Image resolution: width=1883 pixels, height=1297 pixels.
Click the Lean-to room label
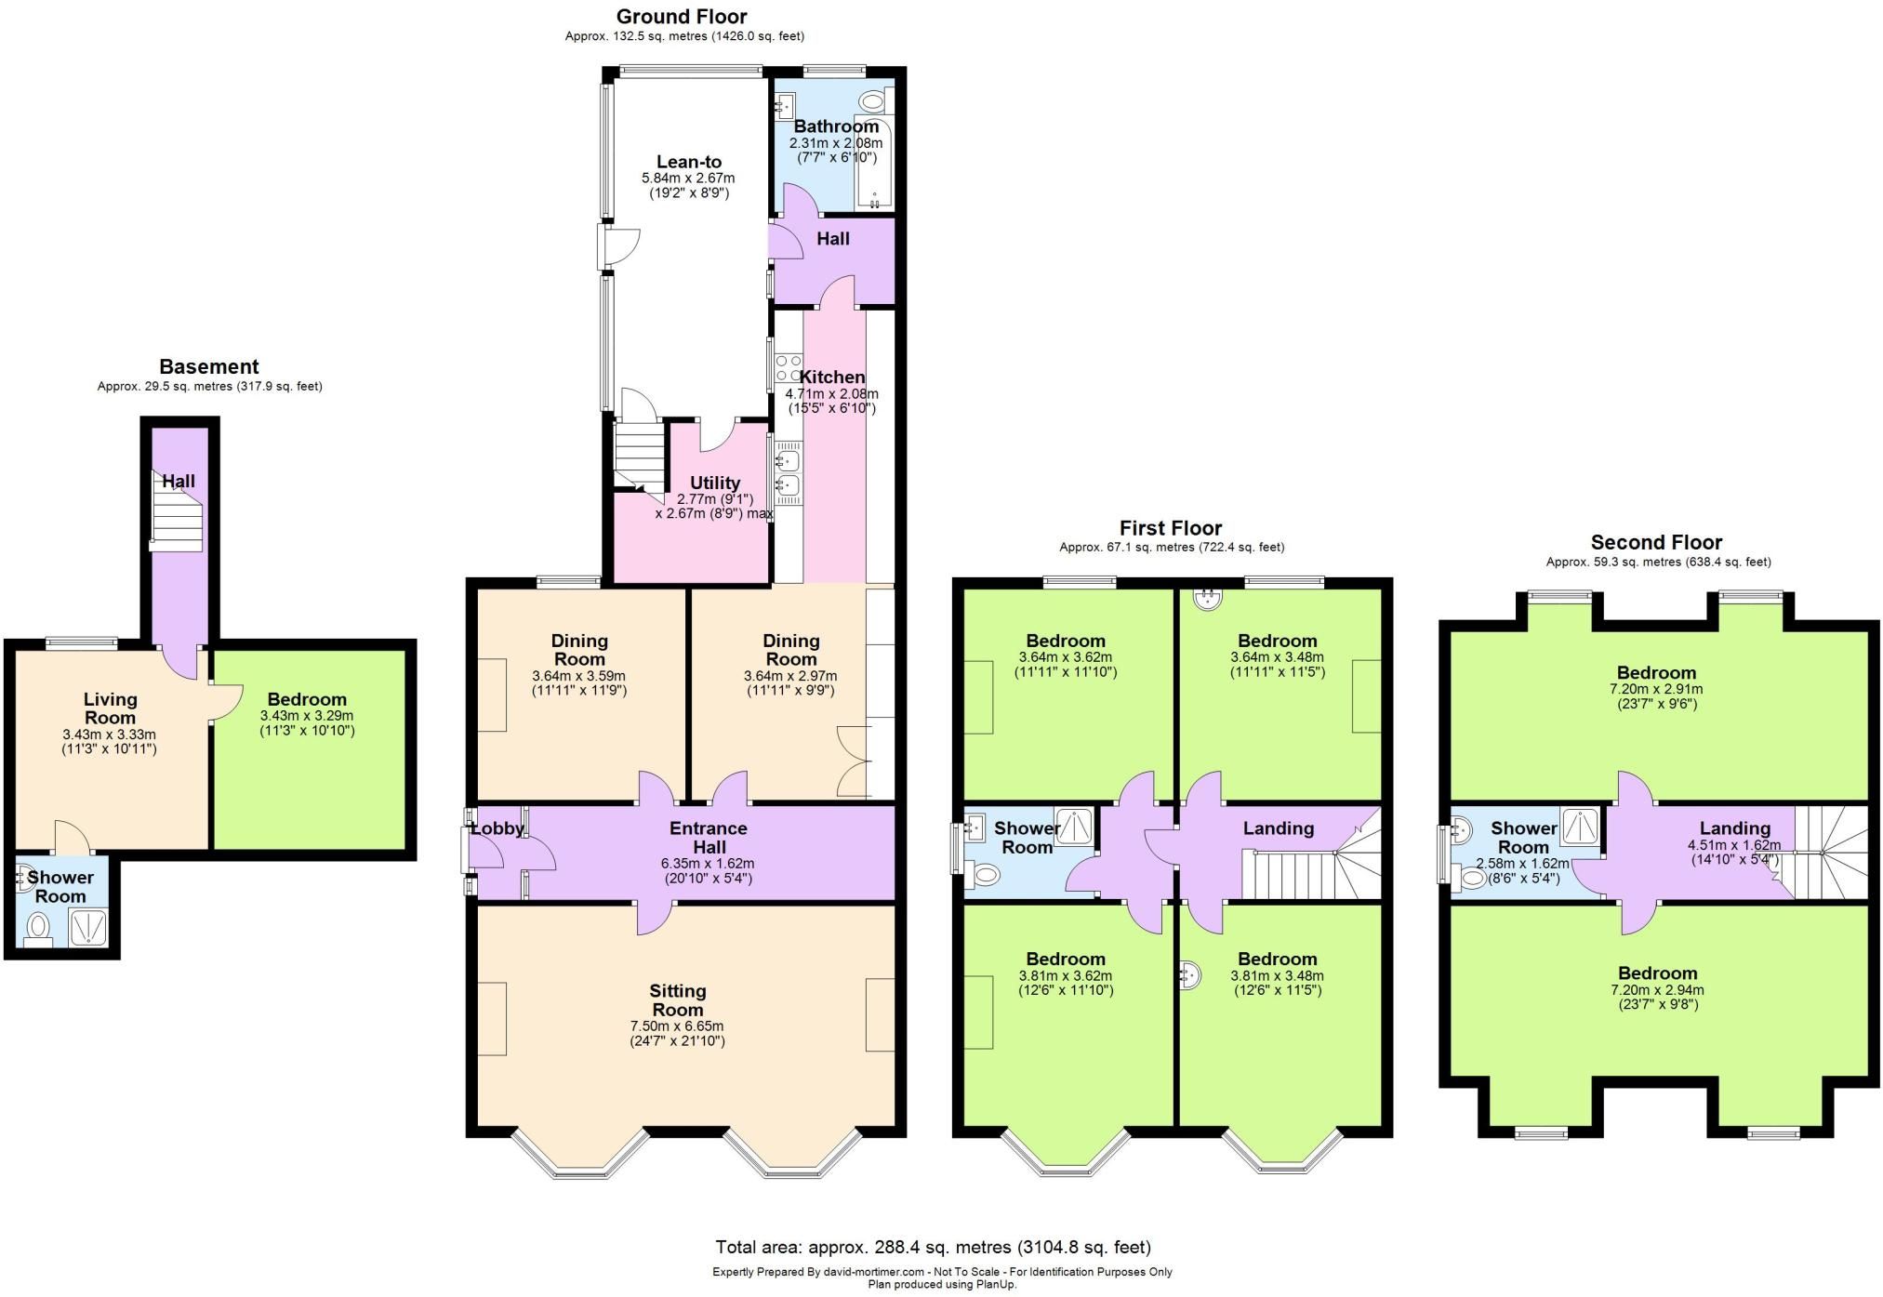[688, 162]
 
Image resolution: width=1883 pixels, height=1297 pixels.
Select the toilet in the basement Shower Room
[39, 926]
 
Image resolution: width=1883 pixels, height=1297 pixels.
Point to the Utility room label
[714, 483]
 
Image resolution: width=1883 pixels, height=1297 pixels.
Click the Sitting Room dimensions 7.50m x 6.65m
[677, 1026]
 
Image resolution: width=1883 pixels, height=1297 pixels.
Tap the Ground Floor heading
[682, 17]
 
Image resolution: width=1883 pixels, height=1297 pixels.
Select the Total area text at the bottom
[933, 1247]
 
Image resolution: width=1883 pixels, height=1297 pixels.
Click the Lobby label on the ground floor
[497, 828]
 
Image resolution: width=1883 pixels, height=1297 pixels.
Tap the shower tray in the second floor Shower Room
[1580, 827]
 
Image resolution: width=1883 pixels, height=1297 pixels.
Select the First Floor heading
[1170, 528]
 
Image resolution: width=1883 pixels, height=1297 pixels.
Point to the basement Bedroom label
[307, 699]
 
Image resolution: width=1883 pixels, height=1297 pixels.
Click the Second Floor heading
[1656, 542]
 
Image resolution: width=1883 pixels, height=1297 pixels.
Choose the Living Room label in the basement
[110, 708]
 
